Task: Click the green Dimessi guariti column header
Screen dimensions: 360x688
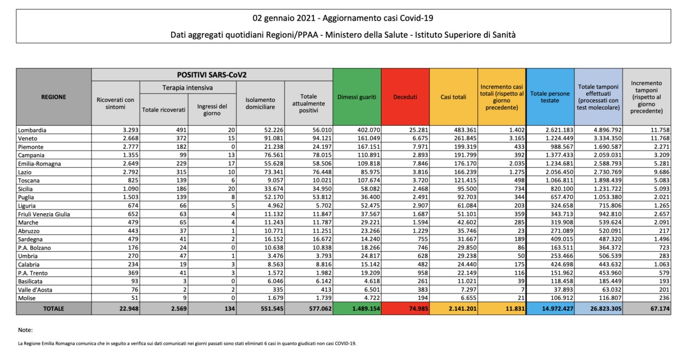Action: (x=357, y=97)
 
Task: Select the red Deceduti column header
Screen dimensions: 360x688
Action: (x=405, y=97)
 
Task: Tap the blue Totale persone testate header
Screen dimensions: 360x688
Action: (x=550, y=97)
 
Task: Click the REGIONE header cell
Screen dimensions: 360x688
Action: (x=54, y=97)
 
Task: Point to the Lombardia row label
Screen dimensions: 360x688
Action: (x=32, y=130)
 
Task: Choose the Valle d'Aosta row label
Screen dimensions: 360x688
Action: (x=35, y=290)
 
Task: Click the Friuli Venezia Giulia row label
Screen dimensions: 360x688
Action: (x=44, y=214)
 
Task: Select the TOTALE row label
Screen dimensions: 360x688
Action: (x=54, y=309)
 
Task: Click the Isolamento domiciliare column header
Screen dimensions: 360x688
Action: (x=260, y=103)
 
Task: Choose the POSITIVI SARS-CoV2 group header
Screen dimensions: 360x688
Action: (x=212, y=75)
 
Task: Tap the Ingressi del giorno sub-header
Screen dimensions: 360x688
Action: (x=212, y=109)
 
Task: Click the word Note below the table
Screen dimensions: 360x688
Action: (x=25, y=330)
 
